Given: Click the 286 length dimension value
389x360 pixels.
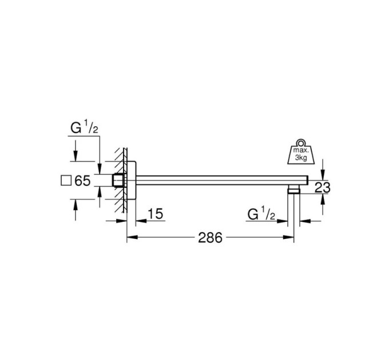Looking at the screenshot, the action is point(210,238).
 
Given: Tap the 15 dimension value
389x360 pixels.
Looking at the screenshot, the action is point(156,214).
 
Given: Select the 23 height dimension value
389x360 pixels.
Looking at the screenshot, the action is point(323,187).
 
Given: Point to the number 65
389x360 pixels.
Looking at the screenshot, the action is point(82,181).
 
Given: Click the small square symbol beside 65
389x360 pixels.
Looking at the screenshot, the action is point(66,181).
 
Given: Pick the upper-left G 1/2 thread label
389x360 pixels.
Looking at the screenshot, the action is point(84,127).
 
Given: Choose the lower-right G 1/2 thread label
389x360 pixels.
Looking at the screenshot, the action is point(261,214).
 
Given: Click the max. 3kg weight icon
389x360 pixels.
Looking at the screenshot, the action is point(301,151).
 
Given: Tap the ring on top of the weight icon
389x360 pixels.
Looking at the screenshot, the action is point(301,143).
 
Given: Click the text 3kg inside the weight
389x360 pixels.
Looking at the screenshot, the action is point(301,158).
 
